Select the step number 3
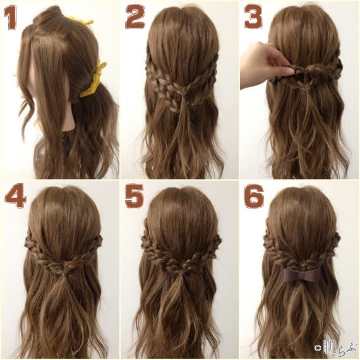pyautogui.click(x=253, y=17)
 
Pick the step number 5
pyautogui.click(x=134, y=196)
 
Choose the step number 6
pyautogui.click(x=253, y=196)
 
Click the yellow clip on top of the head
pyautogui.click(x=80, y=20)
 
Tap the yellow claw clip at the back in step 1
pyautogui.click(x=97, y=78)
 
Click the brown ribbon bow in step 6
pyautogui.click(x=301, y=275)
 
